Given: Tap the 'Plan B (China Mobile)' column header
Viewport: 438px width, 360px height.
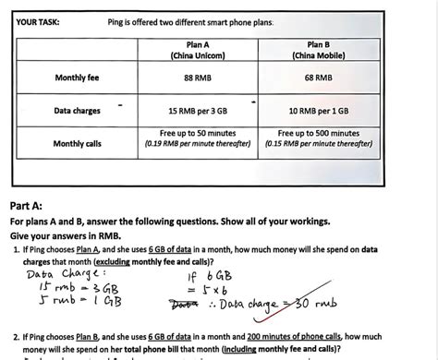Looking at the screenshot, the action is [x=318, y=50].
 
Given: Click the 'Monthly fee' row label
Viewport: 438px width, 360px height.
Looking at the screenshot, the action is [x=77, y=78].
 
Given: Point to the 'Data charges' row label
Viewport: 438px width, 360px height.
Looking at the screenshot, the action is [x=77, y=111].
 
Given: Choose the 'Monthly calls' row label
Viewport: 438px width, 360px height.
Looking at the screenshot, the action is [x=77, y=143].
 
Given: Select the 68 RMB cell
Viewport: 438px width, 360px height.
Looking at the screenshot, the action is [x=318, y=78].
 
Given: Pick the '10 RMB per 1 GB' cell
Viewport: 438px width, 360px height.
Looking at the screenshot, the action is [x=318, y=111].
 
